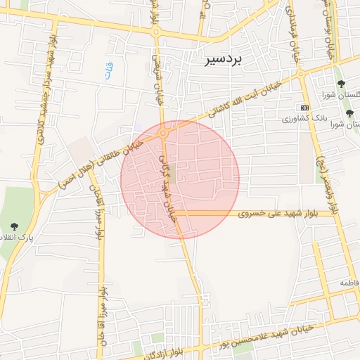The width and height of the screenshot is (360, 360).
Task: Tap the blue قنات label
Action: click(108, 70)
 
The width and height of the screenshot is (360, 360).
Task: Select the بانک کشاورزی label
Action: click(300, 119)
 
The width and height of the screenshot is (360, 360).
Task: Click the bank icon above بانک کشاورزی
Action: click(304, 108)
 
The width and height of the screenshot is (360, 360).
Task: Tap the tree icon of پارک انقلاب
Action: click(15, 226)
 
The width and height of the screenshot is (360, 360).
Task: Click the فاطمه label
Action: click(349, 283)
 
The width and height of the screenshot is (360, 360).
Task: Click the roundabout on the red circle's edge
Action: click(163, 131)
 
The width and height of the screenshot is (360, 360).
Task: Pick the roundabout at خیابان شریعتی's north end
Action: click(156, 32)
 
